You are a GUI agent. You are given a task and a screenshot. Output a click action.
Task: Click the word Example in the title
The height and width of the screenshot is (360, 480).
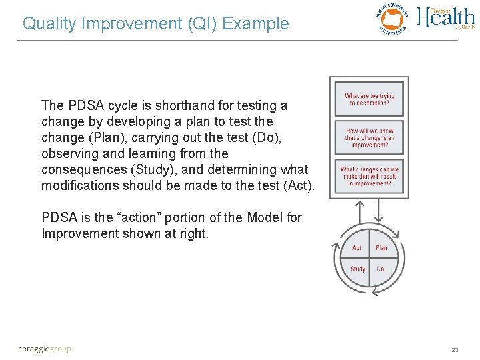point(256,24)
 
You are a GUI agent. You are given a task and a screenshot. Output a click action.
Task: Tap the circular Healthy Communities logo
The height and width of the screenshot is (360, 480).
point(391,18)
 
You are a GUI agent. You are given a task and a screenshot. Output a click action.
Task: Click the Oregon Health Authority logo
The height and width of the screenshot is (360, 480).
point(446,18)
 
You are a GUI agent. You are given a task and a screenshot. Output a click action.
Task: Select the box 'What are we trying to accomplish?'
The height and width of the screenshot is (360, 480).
point(369,99)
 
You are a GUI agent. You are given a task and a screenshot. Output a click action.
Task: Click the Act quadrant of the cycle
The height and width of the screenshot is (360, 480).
point(357,248)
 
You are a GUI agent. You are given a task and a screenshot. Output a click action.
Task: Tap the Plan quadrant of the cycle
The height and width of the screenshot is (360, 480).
point(381,248)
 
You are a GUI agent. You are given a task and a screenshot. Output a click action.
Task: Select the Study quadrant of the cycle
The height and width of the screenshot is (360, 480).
point(358,269)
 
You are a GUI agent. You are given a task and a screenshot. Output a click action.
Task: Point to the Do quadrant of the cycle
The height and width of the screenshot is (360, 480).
point(381,269)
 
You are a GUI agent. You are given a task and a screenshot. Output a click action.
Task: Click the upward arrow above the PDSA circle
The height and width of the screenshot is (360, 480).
point(361,211)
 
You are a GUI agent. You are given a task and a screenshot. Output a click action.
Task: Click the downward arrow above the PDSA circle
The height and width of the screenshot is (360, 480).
point(379,211)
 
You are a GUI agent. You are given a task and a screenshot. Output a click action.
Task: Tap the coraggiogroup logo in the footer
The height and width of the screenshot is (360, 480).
point(44,349)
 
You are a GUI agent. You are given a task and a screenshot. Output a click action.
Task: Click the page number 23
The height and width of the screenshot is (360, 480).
point(455,349)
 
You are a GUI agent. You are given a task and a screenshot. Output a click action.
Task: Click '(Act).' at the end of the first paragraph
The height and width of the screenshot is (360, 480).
point(298,185)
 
